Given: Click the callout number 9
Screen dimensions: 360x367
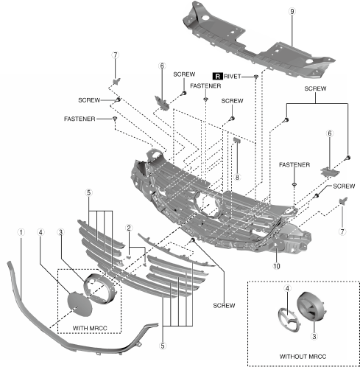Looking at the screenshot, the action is point(292,11).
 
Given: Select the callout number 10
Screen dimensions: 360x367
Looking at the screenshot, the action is point(277,266).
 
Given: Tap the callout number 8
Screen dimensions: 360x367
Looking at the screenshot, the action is point(237,177).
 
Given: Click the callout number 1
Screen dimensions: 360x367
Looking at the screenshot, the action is point(21,232).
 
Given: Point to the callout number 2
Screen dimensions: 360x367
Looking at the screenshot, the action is point(129,228).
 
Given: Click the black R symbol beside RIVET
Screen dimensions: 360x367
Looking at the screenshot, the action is point(218,76).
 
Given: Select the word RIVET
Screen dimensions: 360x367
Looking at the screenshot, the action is point(232,77).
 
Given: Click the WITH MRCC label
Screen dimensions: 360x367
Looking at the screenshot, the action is point(90,328).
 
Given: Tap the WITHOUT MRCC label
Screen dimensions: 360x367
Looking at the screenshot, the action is point(303,357).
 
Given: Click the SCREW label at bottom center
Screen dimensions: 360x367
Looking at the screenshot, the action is point(224,306).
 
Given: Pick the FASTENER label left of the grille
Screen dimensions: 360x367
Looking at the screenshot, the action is point(80,119).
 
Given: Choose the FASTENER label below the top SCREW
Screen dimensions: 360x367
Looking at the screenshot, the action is point(205,85).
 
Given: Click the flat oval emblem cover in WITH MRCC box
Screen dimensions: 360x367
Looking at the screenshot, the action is point(80,304).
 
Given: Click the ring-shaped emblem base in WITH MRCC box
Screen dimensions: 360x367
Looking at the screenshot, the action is point(99,288).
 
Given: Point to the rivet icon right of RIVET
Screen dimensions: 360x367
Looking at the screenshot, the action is point(256,77).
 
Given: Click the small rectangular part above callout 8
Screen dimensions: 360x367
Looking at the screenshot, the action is point(237,140).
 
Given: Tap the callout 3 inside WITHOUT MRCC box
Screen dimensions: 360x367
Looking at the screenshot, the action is point(314,336).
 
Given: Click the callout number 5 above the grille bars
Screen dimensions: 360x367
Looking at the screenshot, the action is point(89,192).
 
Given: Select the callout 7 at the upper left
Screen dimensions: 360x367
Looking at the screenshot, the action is point(116,55).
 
